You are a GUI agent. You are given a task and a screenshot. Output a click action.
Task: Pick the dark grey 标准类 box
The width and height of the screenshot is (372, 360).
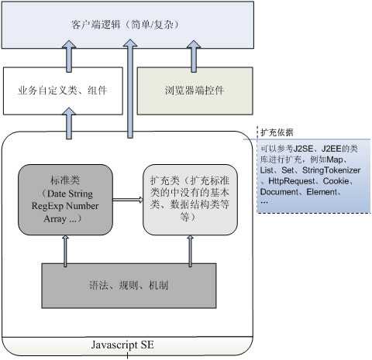pos(62,197)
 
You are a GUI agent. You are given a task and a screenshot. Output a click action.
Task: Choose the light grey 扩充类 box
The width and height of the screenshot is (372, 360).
pos(190,198)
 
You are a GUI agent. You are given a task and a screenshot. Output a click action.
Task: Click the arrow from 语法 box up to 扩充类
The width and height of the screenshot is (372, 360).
pos(191,249)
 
